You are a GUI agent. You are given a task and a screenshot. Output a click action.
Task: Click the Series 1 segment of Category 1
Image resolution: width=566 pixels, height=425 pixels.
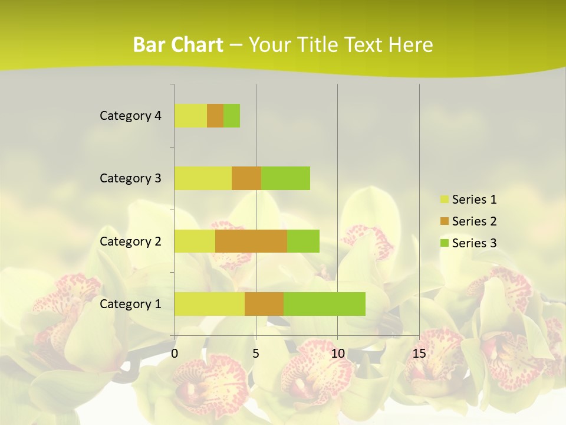pos(209,304)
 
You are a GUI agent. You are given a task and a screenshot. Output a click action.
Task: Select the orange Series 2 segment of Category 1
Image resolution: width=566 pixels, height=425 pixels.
pos(264,304)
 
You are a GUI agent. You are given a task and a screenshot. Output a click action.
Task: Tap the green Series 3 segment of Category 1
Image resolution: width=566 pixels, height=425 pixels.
pos(324,304)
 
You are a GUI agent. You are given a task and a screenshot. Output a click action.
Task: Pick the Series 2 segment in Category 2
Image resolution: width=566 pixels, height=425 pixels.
pos(251,241)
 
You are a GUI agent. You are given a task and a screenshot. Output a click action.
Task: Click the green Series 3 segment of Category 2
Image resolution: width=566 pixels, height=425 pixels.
pos(303,241)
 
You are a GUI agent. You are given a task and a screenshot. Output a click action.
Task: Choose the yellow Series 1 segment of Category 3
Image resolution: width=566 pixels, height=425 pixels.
pos(203,178)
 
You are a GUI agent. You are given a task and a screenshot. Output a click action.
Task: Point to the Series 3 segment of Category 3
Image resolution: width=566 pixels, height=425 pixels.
pos(285,178)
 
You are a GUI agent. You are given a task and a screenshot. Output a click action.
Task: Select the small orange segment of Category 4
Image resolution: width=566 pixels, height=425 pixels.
pos(215,116)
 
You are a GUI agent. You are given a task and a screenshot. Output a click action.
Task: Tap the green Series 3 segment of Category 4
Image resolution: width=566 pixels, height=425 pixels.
pos(232,116)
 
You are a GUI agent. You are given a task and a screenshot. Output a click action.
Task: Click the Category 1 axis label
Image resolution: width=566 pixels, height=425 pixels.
pos(130,304)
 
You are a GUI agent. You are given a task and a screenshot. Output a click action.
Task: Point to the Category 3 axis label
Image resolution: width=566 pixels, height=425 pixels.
pos(130,178)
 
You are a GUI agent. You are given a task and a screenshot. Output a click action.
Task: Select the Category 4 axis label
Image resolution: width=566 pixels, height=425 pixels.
pos(130,116)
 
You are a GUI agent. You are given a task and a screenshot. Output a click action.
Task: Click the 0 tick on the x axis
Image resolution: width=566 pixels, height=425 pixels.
pos(175,354)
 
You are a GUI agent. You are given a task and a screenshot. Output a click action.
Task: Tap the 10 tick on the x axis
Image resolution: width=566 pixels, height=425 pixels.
pos(337,354)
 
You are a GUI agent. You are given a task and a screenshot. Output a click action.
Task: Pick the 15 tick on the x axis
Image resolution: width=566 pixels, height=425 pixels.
pos(419,354)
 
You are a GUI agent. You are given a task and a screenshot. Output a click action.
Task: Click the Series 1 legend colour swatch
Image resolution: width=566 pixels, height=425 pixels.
pos(444,200)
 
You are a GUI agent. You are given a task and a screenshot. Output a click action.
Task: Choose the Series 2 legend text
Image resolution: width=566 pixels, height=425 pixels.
pos(474,221)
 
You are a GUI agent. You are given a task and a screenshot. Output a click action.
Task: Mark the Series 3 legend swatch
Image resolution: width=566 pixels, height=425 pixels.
pos(444,243)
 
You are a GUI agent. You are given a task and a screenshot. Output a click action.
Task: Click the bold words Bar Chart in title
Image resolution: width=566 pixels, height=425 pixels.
pos(178,45)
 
